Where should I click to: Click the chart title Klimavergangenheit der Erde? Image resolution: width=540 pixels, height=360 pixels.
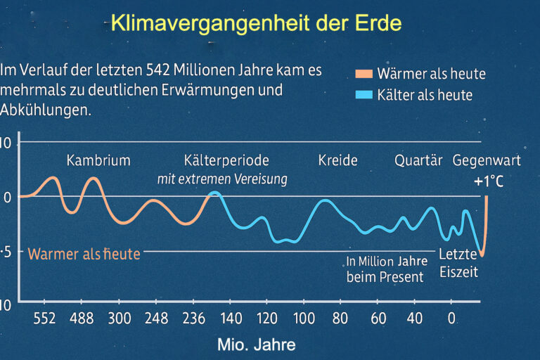pos(256,23)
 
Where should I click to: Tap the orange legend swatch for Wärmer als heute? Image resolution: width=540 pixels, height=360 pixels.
pos(364,74)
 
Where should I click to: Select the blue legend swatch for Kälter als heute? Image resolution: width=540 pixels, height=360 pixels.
pos(364,95)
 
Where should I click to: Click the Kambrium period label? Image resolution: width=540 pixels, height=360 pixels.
pos(98,160)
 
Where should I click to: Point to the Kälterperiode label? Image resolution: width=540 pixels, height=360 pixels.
pos(226,160)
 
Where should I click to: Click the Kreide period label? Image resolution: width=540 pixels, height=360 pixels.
pos(337,160)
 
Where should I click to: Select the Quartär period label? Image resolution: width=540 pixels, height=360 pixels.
pos(418,160)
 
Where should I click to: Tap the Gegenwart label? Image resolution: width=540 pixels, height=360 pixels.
pos(487,160)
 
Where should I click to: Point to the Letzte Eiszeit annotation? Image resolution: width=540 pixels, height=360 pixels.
pos(458,263)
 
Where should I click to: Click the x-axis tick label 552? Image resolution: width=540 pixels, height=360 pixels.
pos(44,319)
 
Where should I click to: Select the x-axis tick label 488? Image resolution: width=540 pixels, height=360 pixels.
pos(82,319)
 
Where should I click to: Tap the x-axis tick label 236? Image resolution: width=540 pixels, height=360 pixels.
pos(193,319)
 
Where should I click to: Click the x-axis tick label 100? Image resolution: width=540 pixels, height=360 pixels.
pos(304,319)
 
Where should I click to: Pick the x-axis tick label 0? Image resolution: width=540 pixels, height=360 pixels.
pos(451,319)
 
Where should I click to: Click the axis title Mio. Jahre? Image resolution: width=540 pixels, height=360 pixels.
pos(256,345)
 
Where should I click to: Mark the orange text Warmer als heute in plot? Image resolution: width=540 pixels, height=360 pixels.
pos(84,254)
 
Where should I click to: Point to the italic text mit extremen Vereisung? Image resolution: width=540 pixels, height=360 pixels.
pos(221,179)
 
